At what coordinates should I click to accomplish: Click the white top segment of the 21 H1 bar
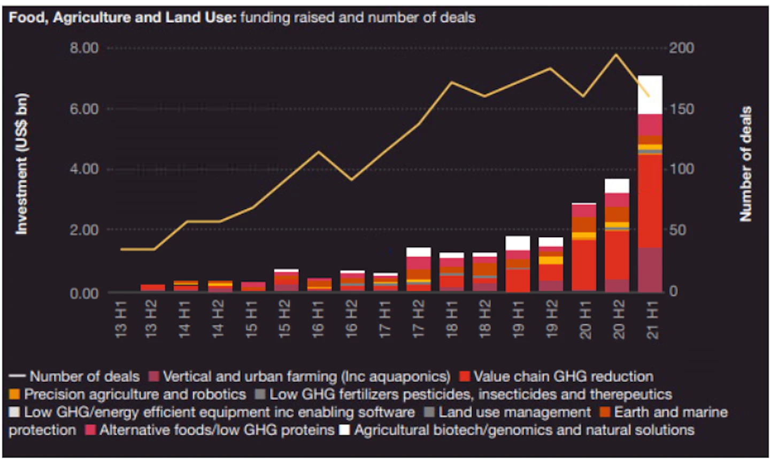click(x=650, y=95)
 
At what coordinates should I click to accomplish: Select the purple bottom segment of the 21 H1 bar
click(x=650, y=269)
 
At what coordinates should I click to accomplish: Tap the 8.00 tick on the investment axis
click(x=84, y=48)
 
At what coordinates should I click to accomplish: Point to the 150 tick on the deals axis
click(x=682, y=109)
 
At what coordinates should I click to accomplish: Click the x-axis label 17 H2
click(x=418, y=319)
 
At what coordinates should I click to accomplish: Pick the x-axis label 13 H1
click(x=121, y=319)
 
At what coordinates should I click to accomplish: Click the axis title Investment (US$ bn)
click(x=21, y=164)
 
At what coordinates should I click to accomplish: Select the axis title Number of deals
click(x=745, y=163)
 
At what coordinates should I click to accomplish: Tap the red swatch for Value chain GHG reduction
click(x=465, y=376)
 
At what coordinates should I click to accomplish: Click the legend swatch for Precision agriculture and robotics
click(x=14, y=394)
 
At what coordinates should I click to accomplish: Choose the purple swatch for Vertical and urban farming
click(x=154, y=376)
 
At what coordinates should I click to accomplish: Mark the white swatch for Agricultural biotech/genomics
click(x=344, y=430)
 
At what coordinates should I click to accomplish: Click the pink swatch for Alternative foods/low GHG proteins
click(x=90, y=430)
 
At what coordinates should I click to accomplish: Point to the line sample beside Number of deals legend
click(x=17, y=376)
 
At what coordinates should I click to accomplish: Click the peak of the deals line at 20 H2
click(x=617, y=55)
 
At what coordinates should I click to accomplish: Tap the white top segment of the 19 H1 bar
click(x=518, y=243)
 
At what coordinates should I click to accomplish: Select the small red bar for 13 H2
click(x=153, y=288)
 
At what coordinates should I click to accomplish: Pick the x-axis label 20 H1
click(x=584, y=319)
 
